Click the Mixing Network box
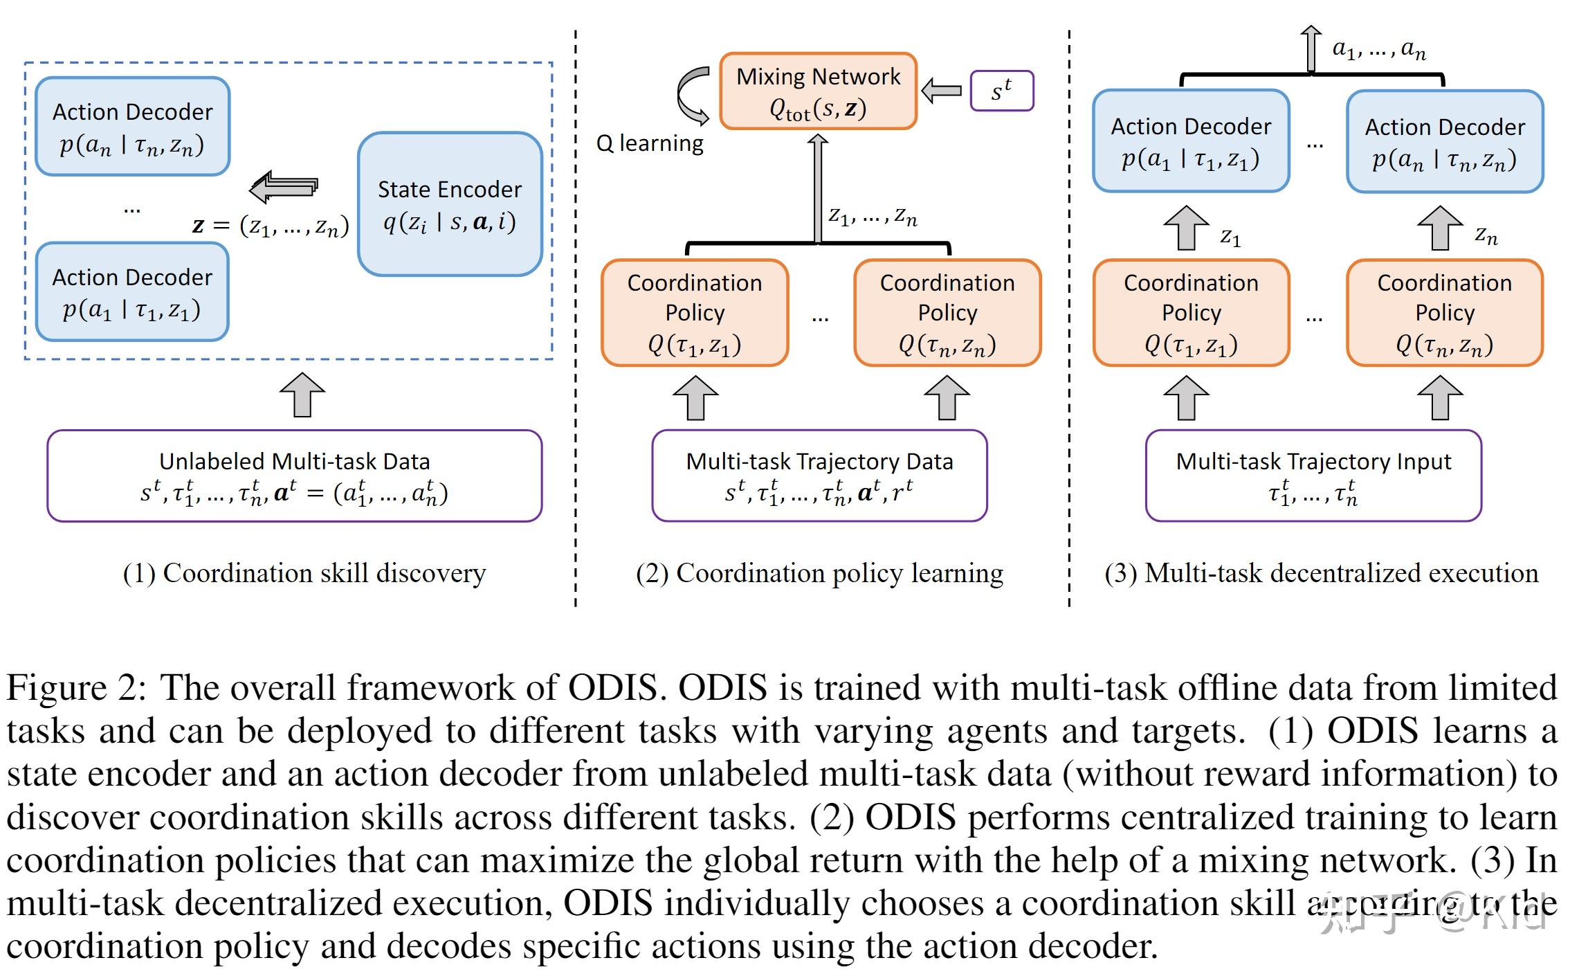(x=818, y=91)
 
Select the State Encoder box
(x=450, y=205)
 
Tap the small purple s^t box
(x=1001, y=91)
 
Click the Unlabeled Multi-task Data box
(x=294, y=476)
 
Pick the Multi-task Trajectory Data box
(x=819, y=476)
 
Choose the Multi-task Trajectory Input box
(x=1313, y=476)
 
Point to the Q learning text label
(x=650, y=143)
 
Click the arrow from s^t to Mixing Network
(x=942, y=91)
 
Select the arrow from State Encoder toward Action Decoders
(x=284, y=187)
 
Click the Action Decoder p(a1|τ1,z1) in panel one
(x=132, y=292)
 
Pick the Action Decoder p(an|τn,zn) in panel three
(x=1445, y=142)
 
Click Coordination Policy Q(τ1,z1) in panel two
(x=695, y=313)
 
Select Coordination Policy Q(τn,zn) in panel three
(x=1444, y=313)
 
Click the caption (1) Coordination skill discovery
(x=304, y=573)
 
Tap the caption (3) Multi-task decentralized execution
(x=1321, y=573)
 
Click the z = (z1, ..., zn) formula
(x=271, y=226)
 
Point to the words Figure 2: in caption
(x=76, y=688)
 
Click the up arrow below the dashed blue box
(x=302, y=395)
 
